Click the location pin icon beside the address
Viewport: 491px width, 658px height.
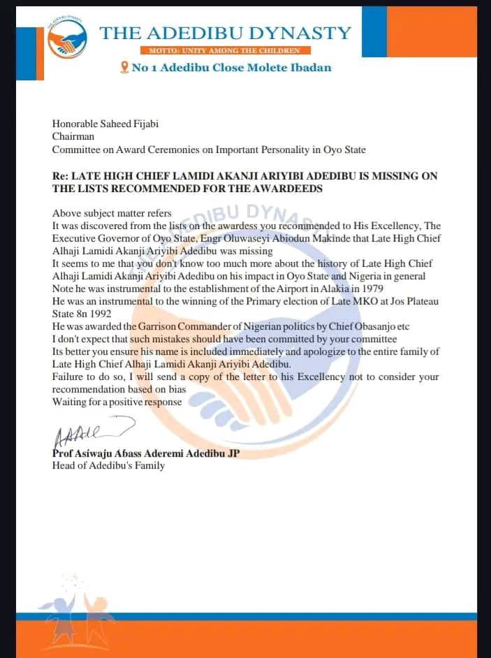(x=125, y=67)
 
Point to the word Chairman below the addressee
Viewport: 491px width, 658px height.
(x=73, y=137)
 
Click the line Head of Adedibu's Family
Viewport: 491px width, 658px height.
(x=108, y=465)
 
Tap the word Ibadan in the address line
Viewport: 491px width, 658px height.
(x=308, y=68)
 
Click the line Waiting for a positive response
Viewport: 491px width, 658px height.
(x=116, y=402)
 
